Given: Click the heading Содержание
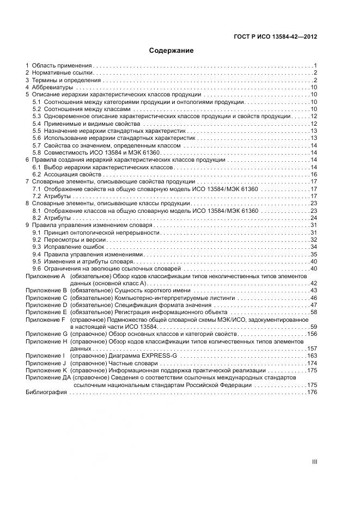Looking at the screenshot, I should [172, 51].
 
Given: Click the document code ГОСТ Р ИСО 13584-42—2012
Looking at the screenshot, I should [276, 37].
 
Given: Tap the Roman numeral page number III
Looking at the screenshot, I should [314, 462].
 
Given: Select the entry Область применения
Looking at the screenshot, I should [62, 65].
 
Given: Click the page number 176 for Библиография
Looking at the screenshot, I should [312, 393].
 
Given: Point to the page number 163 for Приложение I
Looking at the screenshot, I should [312, 355].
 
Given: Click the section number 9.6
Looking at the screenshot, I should [37, 269].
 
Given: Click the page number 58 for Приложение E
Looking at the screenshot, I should [314, 312].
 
